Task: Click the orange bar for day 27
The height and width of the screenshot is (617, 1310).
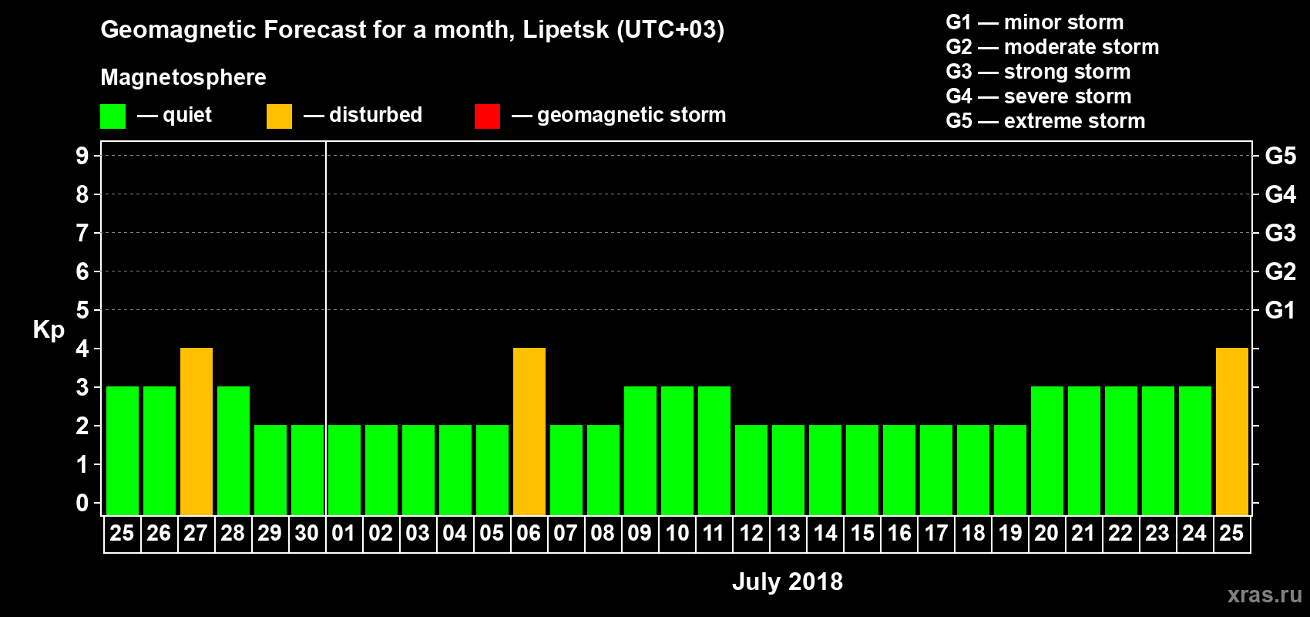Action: [196, 431]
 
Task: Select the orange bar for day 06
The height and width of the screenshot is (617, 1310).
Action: [529, 431]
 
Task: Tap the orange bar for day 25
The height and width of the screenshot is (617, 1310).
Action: [1232, 431]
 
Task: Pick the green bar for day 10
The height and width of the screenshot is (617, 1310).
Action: [677, 450]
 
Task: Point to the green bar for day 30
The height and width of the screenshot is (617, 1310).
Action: [307, 470]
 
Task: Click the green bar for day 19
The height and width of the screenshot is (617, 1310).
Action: [1010, 470]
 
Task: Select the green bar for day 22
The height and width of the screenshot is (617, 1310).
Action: [1121, 450]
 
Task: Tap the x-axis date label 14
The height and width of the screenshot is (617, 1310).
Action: [825, 533]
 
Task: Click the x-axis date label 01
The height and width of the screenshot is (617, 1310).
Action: [344, 533]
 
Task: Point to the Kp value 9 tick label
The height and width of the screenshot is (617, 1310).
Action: [82, 156]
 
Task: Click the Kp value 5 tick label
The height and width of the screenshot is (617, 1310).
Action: [82, 310]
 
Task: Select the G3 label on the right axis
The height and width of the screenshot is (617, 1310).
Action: [1280, 233]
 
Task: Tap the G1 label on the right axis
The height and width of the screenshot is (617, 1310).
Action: [1280, 310]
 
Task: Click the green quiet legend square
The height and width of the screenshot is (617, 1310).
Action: [113, 116]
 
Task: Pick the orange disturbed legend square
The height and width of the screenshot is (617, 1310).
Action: [279, 116]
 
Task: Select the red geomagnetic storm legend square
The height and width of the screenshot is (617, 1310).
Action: [487, 116]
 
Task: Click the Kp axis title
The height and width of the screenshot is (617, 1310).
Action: [49, 329]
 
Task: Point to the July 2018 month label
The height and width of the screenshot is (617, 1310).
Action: [787, 582]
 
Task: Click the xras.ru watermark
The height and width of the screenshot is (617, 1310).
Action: [1265, 595]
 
